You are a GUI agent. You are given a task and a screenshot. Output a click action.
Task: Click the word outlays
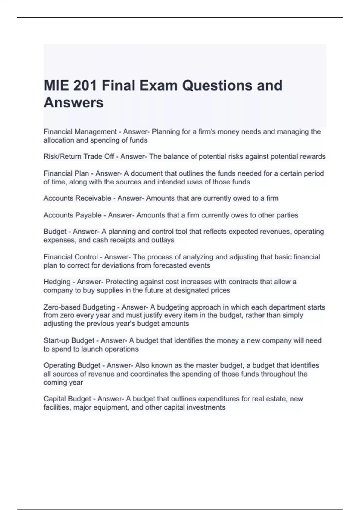click(x=163, y=240)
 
